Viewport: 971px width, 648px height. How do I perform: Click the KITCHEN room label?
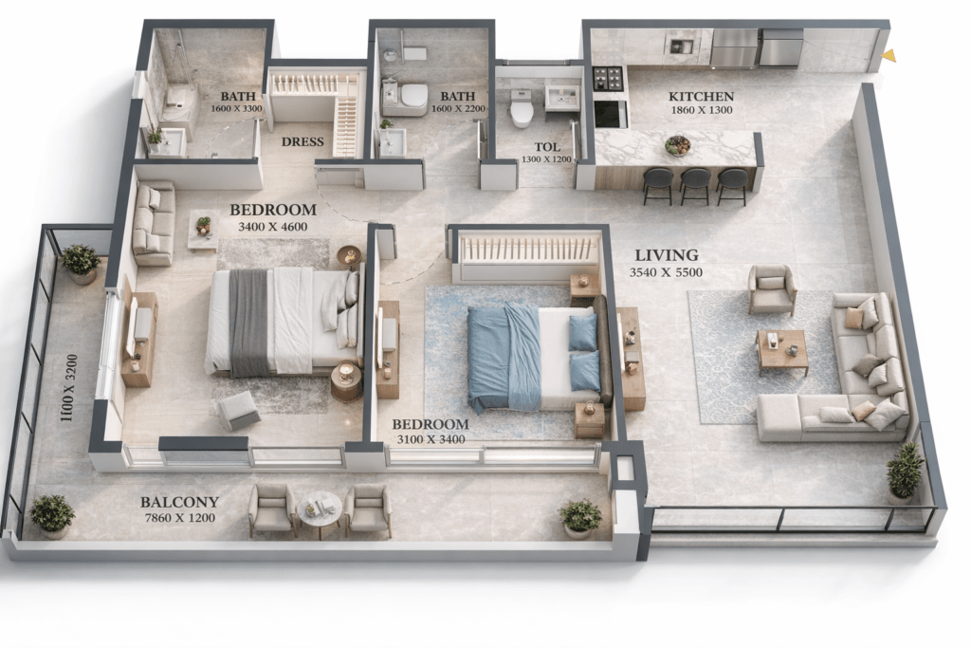(x=701, y=97)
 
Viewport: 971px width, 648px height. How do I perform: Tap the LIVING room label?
(x=667, y=255)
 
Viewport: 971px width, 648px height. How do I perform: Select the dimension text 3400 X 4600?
(x=272, y=227)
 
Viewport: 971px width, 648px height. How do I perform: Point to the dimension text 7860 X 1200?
(x=179, y=518)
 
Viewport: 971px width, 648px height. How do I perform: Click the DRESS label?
(x=302, y=142)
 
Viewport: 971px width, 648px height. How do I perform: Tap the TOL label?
(x=547, y=147)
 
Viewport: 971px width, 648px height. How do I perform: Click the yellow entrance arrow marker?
(x=889, y=55)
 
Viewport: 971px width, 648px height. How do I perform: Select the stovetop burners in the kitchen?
(x=608, y=78)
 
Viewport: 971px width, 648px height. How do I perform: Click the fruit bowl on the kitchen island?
(x=677, y=145)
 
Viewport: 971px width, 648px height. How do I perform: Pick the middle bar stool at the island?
(x=695, y=186)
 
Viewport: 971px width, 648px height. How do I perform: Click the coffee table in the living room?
(x=782, y=352)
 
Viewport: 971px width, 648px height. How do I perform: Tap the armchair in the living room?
(x=772, y=290)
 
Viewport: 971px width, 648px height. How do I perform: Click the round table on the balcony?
(x=319, y=513)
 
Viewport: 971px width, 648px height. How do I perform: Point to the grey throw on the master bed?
(x=249, y=324)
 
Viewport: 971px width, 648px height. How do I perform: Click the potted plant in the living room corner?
(x=905, y=471)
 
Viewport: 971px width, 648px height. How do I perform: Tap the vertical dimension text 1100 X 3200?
(x=68, y=388)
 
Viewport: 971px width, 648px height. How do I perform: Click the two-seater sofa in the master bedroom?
(x=153, y=223)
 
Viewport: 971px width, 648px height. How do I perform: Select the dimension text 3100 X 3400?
(x=431, y=439)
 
